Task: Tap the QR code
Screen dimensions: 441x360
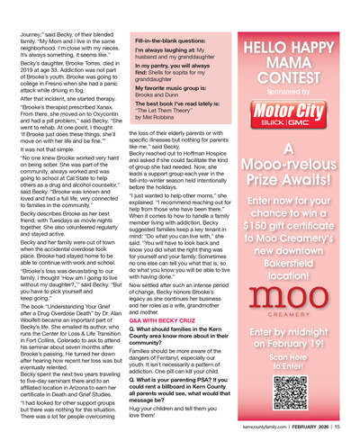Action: (310, 397)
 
